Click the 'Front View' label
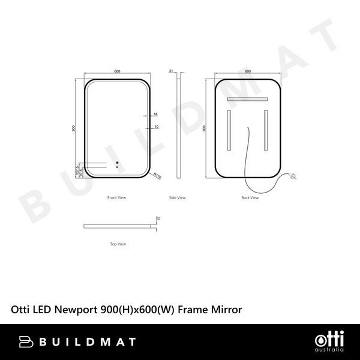tap(116, 197)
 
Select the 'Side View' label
tap(178, 197)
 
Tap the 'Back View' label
tap(250, 197)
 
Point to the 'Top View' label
tap(118, 244)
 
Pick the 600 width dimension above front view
tap(117, 72)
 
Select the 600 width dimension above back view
tap(248, 72)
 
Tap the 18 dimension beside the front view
tap(155, 114)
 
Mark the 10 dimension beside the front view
tap(155, 127)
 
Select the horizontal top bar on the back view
tap(248, 99)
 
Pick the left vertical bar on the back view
tap(229, 131)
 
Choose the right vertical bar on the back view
tap(266, 131)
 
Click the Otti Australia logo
tap(329, 341)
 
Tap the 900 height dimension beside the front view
tap(74, 128)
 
